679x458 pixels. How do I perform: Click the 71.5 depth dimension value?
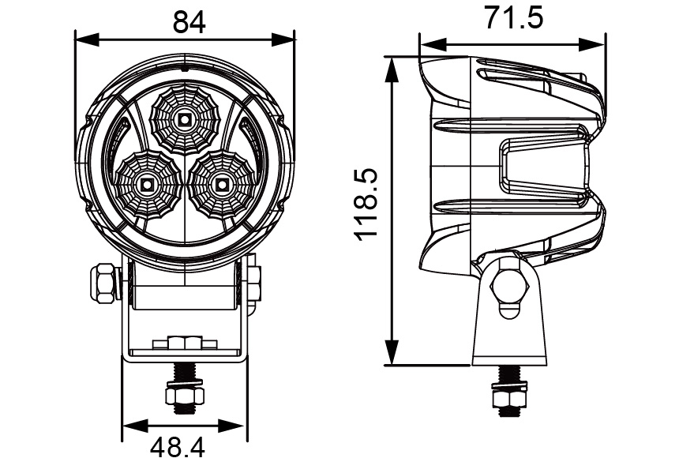coord(514,17)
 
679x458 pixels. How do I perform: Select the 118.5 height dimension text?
coord(368,205)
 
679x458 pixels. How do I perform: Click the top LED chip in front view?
coord(184,119)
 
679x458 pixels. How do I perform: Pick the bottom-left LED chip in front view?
coord(147,186)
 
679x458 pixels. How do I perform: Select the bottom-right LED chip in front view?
coord(220,186)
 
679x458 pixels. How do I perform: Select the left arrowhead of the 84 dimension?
coord(81,37)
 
